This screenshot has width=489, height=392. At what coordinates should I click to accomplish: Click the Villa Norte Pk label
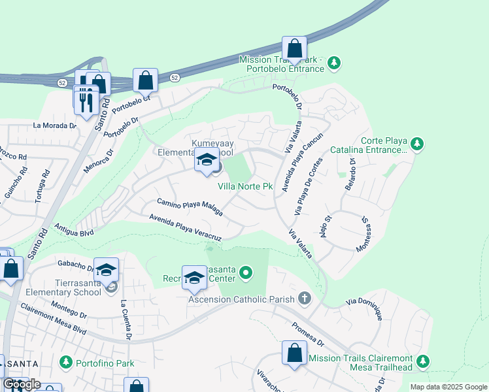[245, 186]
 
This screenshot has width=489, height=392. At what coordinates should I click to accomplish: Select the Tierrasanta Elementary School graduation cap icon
[106, 270]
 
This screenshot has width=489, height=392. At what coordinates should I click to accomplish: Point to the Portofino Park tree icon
[65, 362]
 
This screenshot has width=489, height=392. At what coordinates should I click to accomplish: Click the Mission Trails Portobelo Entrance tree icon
[334, 63]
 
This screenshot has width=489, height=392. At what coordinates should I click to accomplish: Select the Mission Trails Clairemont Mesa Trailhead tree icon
[422, 361]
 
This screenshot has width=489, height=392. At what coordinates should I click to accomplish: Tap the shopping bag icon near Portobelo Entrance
[295, 48]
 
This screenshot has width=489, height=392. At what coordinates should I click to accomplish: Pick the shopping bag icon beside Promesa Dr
[294, 353]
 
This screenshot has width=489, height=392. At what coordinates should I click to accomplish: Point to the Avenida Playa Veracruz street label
[186, 227]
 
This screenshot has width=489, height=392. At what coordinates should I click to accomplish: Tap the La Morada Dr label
[55, 125]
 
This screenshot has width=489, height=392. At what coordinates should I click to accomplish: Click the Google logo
[21, 384]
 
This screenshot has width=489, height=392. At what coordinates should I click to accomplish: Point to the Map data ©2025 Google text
[448, 387]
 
